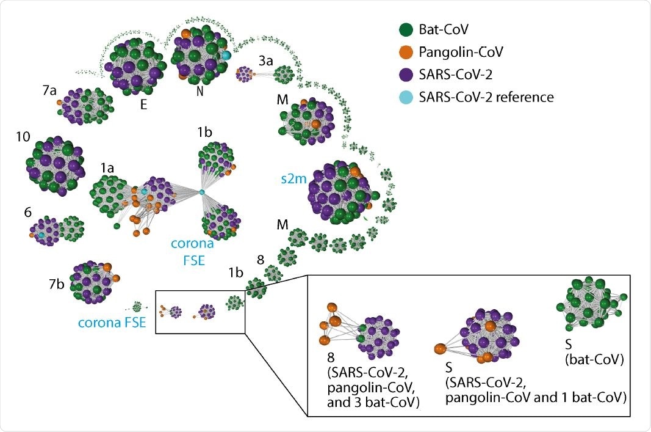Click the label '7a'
coord(50,90)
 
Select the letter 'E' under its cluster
coord(144,104)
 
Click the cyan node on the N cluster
coord(226,56)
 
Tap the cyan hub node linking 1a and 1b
coord(202,193)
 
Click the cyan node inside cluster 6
coord(41,235)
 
